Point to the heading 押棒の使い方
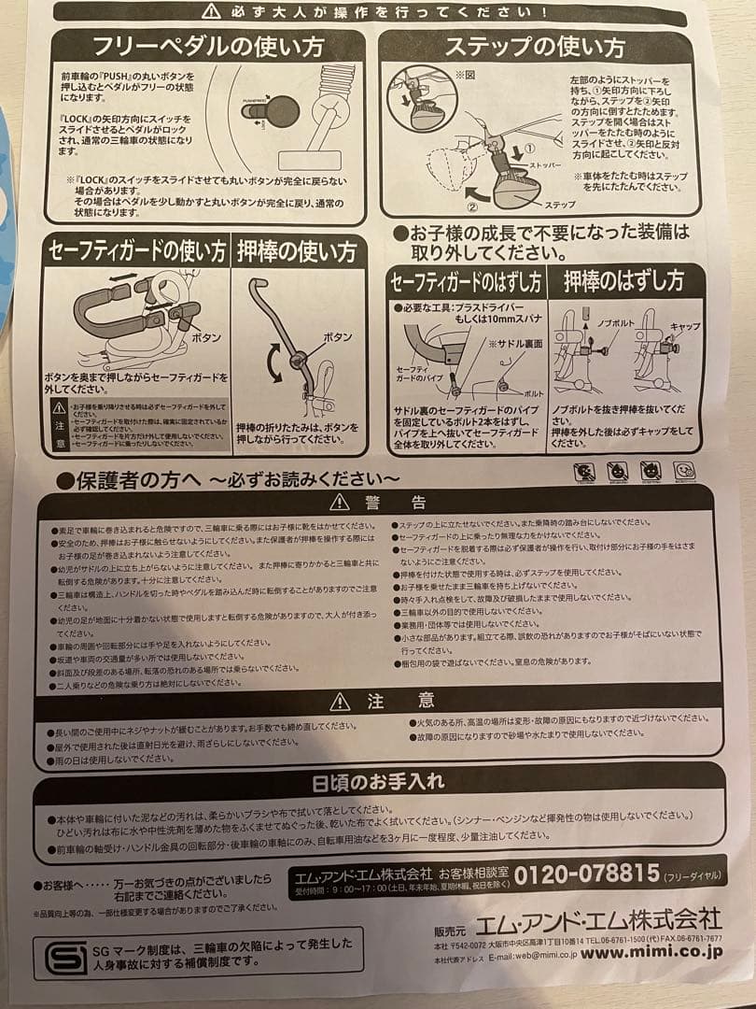[x=297, y=251]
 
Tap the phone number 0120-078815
[x=587, y=874]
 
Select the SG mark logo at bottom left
[x=65, y=956]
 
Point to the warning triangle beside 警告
[x=340, y=503]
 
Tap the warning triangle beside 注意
[x=340, y=701]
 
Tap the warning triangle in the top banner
[x=212, y=11]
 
